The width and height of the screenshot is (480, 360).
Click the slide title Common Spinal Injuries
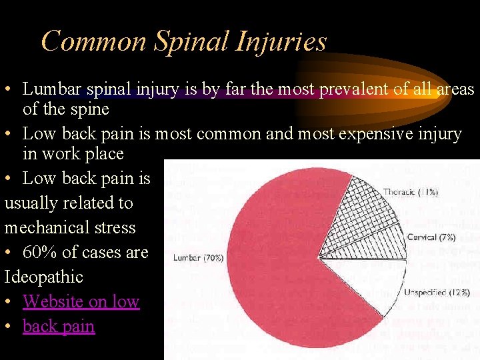coord(183,41)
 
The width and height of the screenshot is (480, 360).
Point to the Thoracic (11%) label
coord(411,192)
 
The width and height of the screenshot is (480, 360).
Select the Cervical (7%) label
coord(431,237)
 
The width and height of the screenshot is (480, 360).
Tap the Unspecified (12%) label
coord(437,292)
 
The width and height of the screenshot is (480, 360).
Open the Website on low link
coord(81,301)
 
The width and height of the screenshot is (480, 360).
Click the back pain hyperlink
coord(59,326)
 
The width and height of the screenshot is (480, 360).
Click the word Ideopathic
coord(44,277)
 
